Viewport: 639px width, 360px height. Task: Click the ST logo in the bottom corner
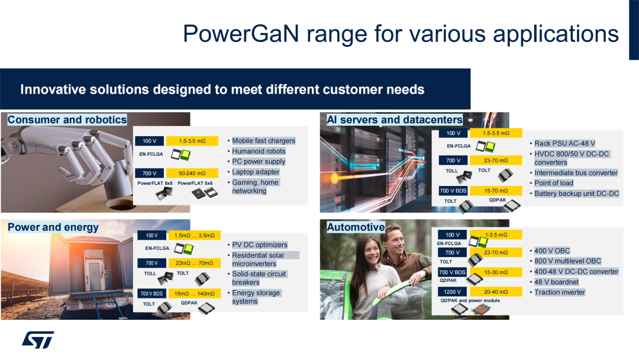point(38,340)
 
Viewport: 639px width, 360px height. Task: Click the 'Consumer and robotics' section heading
point(67,120)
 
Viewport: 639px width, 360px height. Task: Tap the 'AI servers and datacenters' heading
point(395,120)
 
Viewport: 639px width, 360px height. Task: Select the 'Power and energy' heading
point(53,227)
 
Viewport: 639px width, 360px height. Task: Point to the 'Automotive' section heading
point(356,227)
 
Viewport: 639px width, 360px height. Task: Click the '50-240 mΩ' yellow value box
point(192,173)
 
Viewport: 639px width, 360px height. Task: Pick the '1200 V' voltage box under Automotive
point(453,291)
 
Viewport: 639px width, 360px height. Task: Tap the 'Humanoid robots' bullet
point(259,151)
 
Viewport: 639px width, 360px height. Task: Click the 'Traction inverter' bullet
point(560,292)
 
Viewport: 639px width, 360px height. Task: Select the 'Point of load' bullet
point(554,183)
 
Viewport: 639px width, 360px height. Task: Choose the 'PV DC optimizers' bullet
point(260,245)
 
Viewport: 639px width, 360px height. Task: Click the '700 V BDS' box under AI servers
point(453,191)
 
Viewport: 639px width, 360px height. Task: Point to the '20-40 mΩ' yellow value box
point(496,291)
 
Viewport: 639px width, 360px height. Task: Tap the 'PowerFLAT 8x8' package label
point(155,183)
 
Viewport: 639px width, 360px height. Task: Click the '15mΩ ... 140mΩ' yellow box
point(195,294)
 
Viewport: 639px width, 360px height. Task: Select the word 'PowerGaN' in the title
point(241,33)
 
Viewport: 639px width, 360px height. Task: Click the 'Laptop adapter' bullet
point(256,172)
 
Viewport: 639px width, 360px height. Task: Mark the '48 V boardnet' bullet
point(556,282)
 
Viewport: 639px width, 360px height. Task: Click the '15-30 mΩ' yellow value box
point(496,272)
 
